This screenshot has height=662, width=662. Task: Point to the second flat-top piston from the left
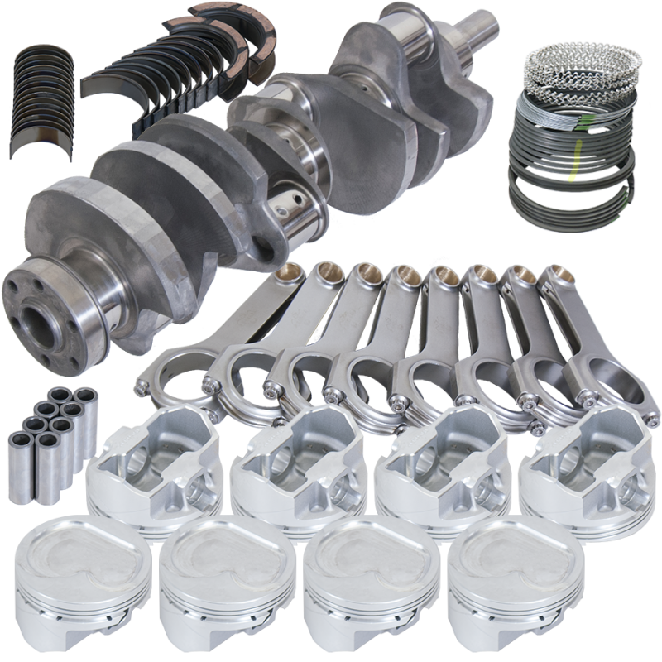tap(218, 579)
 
